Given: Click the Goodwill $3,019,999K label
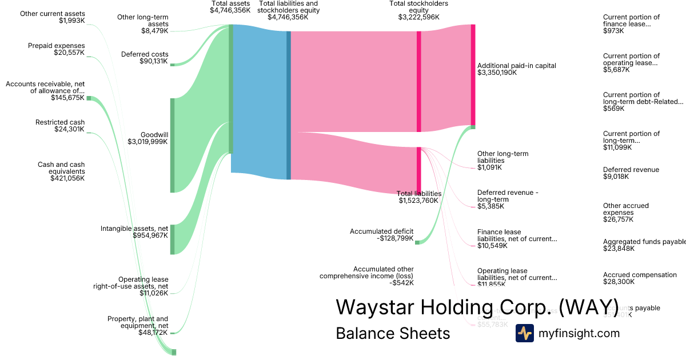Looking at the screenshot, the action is click(x=147, y=138).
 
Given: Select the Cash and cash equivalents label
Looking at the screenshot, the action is click(x=61, y=171).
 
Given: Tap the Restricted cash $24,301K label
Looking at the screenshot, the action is click(x=60, y=126).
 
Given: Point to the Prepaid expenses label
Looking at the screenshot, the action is click(x=56, y=49).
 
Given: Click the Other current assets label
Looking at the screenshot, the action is click(x=52, y=17).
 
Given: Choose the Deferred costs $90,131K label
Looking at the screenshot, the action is click(x=145, y=58).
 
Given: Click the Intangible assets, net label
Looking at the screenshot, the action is click(x=134, y=232).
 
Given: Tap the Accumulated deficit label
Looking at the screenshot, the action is click(x=381, y=235).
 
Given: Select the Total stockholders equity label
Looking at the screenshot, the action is click(x=418, y=10).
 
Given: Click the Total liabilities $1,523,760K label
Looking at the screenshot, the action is click(x=419, y=197).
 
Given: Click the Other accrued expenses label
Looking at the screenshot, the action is click(x=626, y=213).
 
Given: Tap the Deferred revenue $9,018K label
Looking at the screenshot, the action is click(x=631, y=173).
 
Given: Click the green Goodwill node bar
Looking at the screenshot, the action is click(x=172, y=145).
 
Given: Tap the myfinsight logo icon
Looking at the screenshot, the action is click(x=525, y=333).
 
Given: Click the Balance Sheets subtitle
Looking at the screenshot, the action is click(x=393, y=333).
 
